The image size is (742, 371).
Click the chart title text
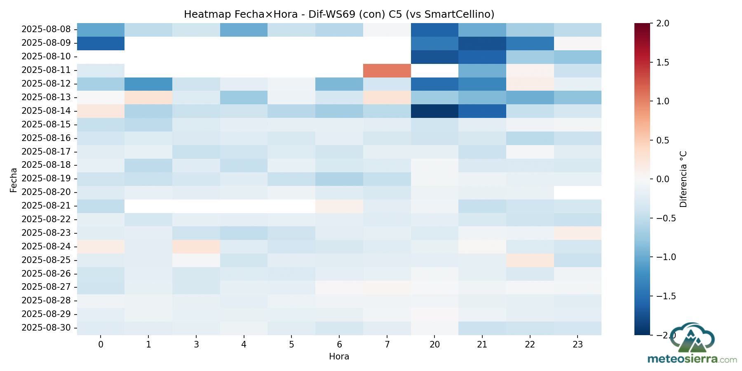[x=339, y=14]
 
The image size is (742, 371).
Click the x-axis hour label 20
[x=434, y=345]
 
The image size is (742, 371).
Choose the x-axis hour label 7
[x=387, y=345]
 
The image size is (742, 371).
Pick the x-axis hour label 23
[x=578, y=345]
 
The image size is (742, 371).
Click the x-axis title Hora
[x=339, y=357]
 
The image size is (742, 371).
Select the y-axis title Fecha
[x=14, y=180]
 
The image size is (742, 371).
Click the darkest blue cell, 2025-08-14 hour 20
[x=434, y=111]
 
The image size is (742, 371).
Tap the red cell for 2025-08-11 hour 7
[x=387, y=70]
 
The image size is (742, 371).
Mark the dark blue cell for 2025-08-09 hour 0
[x=101, y=43]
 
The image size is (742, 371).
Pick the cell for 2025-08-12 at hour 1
[x=148, y=84]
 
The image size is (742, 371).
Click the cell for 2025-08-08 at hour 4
[x=244, y=30]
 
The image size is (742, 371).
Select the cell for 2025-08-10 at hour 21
[x=482, y=56]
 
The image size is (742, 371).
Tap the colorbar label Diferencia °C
[x=683, y=179]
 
